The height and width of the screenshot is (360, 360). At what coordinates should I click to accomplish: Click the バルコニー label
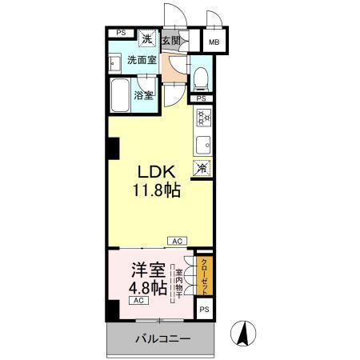tap(162, 339)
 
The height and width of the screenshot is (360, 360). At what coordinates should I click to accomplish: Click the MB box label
tap(215, 42)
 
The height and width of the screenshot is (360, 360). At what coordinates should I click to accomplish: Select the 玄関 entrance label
tap(170, 40)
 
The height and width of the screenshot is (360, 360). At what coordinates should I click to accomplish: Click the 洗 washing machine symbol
tap(147, 39)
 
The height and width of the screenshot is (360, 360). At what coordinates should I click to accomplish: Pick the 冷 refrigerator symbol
tap(203, 168)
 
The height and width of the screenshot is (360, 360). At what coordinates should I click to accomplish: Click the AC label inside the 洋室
tap(138, 301)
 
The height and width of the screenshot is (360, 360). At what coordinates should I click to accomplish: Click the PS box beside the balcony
tap(204, 309)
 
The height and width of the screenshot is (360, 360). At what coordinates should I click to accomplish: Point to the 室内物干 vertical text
tap(178, 282)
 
